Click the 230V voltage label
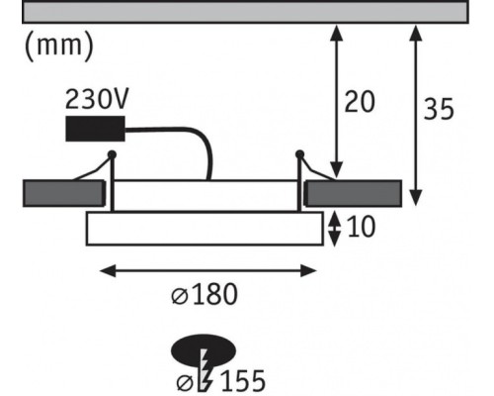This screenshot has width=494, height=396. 96,99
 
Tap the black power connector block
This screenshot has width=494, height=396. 95,129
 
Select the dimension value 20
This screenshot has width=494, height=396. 360,101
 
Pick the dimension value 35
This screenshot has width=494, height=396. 439,109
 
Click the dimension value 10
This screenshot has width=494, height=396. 362,227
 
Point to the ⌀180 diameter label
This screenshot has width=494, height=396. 205,294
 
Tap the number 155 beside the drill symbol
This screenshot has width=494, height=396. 243,381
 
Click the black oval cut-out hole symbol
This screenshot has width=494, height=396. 204,350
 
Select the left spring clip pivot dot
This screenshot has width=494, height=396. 112,154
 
